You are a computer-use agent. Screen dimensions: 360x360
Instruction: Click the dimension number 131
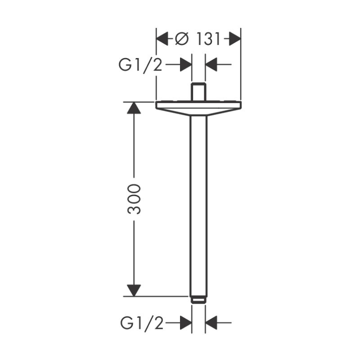pyautogui.click(x=208, y=39)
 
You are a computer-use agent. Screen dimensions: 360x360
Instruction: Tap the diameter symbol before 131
pyautogui.click(x=182, y=39)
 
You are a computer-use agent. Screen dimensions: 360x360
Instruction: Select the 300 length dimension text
pyautogui.click(x=134, y=199)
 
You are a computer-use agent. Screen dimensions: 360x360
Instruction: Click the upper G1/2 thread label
pyautogui.click(x=140, y=65)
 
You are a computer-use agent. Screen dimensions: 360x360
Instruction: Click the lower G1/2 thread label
pyautogui.click(x=142, y=324)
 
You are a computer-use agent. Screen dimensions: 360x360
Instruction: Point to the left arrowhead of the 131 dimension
pyautogui.click(x=162, y=39)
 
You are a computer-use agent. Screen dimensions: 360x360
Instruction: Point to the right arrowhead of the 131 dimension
pyautogui.click(x=235, y=39)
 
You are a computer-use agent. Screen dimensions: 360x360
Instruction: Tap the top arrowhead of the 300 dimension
pyautogui.click(x=134, y=108)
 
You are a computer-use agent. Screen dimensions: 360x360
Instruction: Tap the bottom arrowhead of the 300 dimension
pyautogui.click(x=134, y=290)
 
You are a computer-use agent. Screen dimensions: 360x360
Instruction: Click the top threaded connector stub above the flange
pyautogui.click(x=198, y=92)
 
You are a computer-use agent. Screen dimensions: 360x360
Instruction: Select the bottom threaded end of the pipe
pyautogui.click(x=198, y=300)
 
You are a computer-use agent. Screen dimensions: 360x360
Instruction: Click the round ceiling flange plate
pyautogui.click(x=198, y=105)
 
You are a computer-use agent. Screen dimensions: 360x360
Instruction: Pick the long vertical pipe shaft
pyautogui.click(x=198, y=206)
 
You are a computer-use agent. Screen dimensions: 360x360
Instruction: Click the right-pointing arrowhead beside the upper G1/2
pyautogui.click(x=186, y=64)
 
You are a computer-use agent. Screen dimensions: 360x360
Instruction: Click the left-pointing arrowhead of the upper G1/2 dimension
pyautogui.click(x=211, y=64)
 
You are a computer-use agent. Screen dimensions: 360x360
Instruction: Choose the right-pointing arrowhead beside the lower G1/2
pyautogui.click(x=186, y=323)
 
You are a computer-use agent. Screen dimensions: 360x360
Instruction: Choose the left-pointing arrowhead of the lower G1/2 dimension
pyautogui.click(x=211, y=323)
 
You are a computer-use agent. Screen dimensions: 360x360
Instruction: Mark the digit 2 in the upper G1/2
pyautogui.click(x=157, y=65)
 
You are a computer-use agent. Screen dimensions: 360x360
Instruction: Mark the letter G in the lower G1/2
pyautogui.click(x=126, y=323)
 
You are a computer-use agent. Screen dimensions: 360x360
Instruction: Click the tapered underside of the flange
pyautogui.click(x=198, y=112)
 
